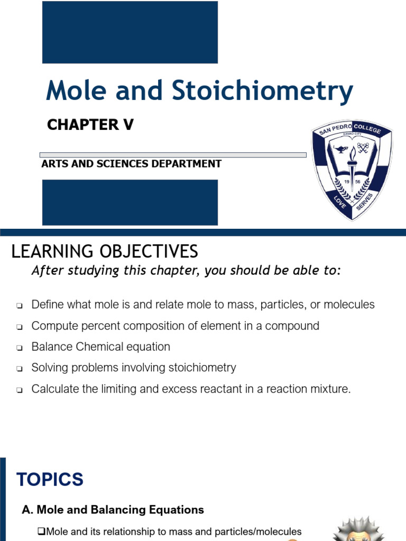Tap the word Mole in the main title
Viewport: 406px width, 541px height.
(77, 91)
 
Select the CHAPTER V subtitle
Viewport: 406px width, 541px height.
(90, 125)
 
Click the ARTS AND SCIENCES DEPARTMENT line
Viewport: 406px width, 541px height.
(131, 164)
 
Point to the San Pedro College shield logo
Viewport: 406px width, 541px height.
(352, 170)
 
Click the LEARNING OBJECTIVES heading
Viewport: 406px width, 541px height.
(105, 251)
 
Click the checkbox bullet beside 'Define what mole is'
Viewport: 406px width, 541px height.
(20, 306)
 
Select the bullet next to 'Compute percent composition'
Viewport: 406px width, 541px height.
(20, 327)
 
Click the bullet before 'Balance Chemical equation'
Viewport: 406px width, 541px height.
(20, 348)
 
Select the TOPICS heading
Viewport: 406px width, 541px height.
(50, 480)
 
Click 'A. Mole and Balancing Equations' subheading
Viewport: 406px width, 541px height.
(113, 510)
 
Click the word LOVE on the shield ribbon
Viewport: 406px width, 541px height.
(338, 201)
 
